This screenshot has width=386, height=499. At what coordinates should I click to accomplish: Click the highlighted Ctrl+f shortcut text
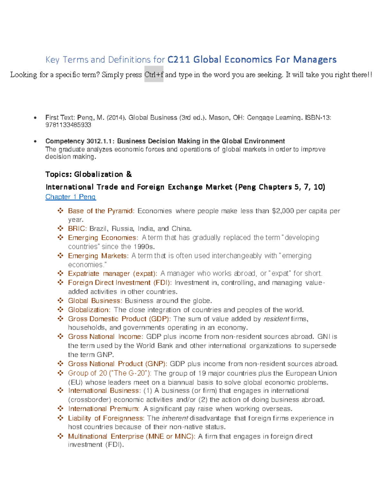click(154, 75)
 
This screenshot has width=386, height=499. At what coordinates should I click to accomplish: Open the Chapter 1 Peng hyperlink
click(70, 197)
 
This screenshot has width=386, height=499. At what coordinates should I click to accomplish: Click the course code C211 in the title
click(179, 59)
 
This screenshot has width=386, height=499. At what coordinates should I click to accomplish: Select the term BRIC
click(77, 228)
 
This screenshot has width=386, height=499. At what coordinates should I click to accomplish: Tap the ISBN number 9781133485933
click(68, 125)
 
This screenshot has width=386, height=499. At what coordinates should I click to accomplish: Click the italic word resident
click(276, 319)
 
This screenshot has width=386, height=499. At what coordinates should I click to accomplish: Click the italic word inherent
click(175, 418)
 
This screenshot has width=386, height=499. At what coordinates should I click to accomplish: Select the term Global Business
click(94, 301)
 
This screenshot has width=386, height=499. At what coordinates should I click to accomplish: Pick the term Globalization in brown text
click(88, 310)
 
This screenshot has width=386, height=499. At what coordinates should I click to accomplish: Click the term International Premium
click(103, 409)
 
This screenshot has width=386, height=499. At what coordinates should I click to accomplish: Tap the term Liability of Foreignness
click(106, 418)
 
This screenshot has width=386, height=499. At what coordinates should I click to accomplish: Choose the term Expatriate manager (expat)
click(112, 273)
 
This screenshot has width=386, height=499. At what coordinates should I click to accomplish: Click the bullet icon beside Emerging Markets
click(60, 256)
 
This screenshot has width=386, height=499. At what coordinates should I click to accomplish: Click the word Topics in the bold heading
click(58, 174)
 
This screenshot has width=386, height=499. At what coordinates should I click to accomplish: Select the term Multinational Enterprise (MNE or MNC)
click(131, 436)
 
